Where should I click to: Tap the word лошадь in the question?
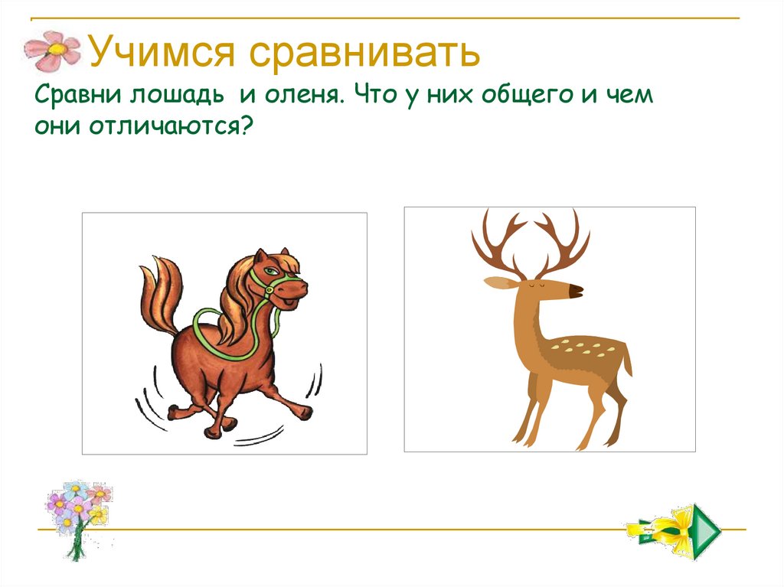click(182, 97)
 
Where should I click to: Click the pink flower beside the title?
click(52, 51)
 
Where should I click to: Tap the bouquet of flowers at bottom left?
click(77, 513)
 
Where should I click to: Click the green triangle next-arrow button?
click(706, 527)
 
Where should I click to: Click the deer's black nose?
click(576, 291)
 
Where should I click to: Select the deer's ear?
click(498, 282)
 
